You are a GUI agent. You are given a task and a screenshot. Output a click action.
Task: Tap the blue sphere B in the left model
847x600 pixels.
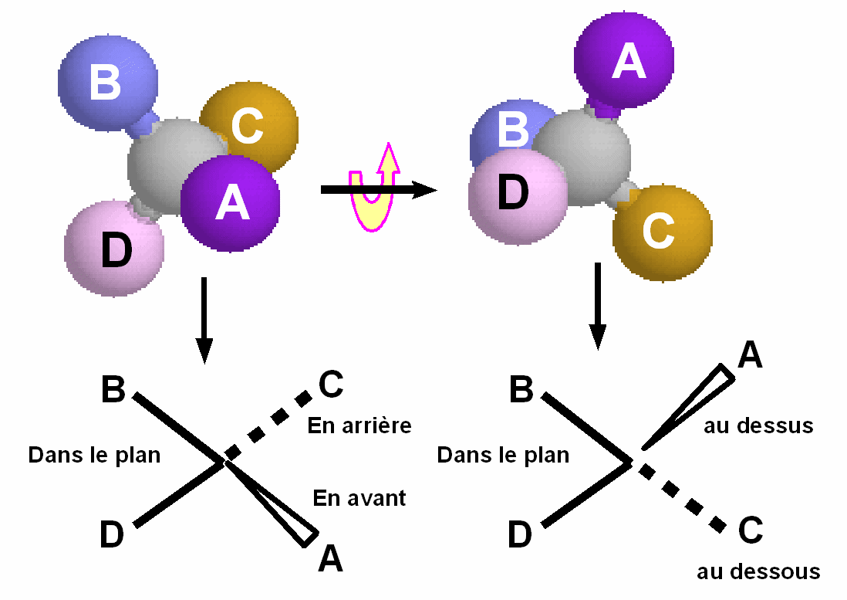click(106, 81)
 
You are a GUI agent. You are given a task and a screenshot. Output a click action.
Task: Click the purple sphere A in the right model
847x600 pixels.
click(623, 60)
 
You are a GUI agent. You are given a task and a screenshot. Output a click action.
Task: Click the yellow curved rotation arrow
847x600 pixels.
click(375, 189)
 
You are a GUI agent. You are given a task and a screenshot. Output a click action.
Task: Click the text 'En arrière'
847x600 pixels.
click(359, 425)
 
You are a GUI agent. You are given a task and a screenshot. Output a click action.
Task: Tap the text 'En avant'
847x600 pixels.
click(359, 498)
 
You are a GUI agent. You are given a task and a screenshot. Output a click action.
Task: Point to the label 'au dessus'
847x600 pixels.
click(758, 425)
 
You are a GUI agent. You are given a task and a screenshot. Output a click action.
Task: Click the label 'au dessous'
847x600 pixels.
click(758, 572)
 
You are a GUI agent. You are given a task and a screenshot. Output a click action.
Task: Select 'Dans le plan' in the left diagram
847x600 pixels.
click(94, 455)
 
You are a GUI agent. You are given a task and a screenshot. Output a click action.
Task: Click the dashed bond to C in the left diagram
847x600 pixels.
click(270, 425)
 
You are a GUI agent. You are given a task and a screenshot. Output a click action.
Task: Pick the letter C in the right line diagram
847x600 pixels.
click(750, 531)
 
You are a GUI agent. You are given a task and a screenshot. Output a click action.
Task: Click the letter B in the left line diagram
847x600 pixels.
click(113, 391)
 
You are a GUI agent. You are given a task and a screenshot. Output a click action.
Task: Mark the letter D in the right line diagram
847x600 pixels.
click(520, 534)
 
